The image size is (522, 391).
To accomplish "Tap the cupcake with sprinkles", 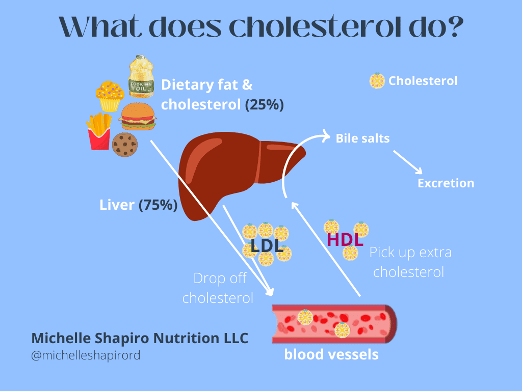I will (110, 96).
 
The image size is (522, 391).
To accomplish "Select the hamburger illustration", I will (137, 116).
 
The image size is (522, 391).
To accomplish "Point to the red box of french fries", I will (99, 132).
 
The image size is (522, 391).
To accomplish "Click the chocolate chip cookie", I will (125, 144).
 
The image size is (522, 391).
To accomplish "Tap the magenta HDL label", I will (345, 240).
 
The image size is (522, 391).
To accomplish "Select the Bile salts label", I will (362, 138).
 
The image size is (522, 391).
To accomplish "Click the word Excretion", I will (446, 183).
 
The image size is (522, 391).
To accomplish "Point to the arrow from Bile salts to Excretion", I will (407, 162).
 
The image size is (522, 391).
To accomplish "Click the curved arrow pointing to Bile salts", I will (296, 153).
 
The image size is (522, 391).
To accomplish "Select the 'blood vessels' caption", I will (331, 354).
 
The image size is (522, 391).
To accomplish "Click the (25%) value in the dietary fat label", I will (264, 105).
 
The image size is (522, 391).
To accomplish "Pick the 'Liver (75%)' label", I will (138, 205).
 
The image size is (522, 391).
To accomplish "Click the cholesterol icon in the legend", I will (377, 80).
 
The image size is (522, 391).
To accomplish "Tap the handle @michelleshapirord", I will (86, 355).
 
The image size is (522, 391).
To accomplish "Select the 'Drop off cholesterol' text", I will (218, 288).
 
